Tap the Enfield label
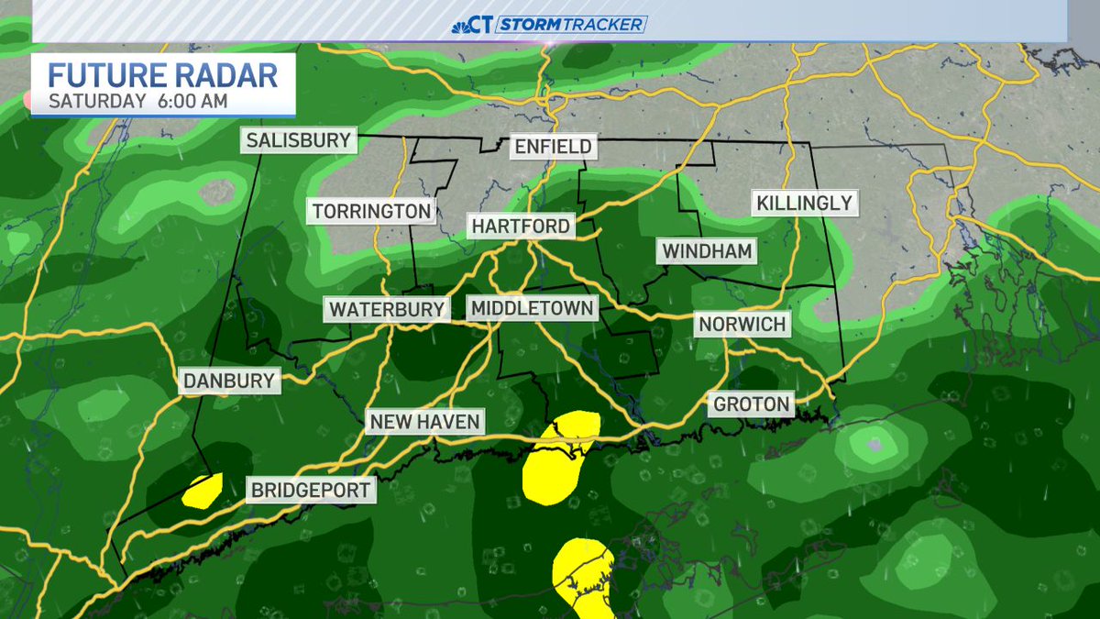point(553,147)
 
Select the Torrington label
point(371,211)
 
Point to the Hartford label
point(521,226)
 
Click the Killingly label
point(805,203)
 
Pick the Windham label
point(708,250)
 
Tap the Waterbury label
point(387,309)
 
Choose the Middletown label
point(532,309)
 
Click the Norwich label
point(742,324)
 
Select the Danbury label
point(229,381)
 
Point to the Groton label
point(751,403)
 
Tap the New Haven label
point(424,422)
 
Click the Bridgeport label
point(312,490)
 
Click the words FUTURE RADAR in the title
point(162,74)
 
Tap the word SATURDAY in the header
point(96,101)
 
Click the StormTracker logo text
point(571,25)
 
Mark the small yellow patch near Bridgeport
point(203,491)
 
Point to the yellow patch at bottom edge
point(583,575)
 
